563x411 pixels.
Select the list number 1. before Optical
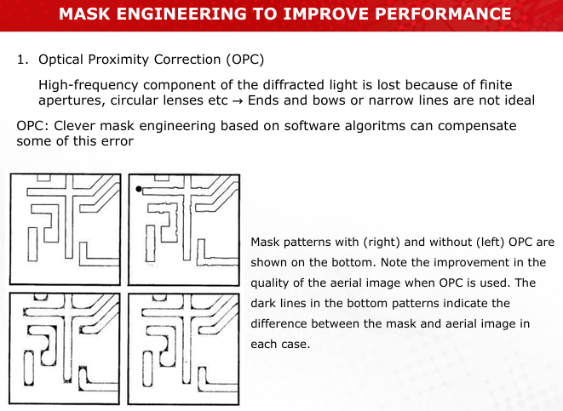pos(23,60)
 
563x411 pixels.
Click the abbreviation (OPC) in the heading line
pos(245,60)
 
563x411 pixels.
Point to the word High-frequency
pos(89,85)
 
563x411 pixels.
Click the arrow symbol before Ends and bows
pos(238,100)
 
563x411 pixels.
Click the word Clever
pos(75,126)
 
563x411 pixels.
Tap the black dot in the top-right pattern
pos(139,189)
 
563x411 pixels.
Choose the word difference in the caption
pos(279,324)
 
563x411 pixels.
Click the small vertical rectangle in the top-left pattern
pos(32,244)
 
